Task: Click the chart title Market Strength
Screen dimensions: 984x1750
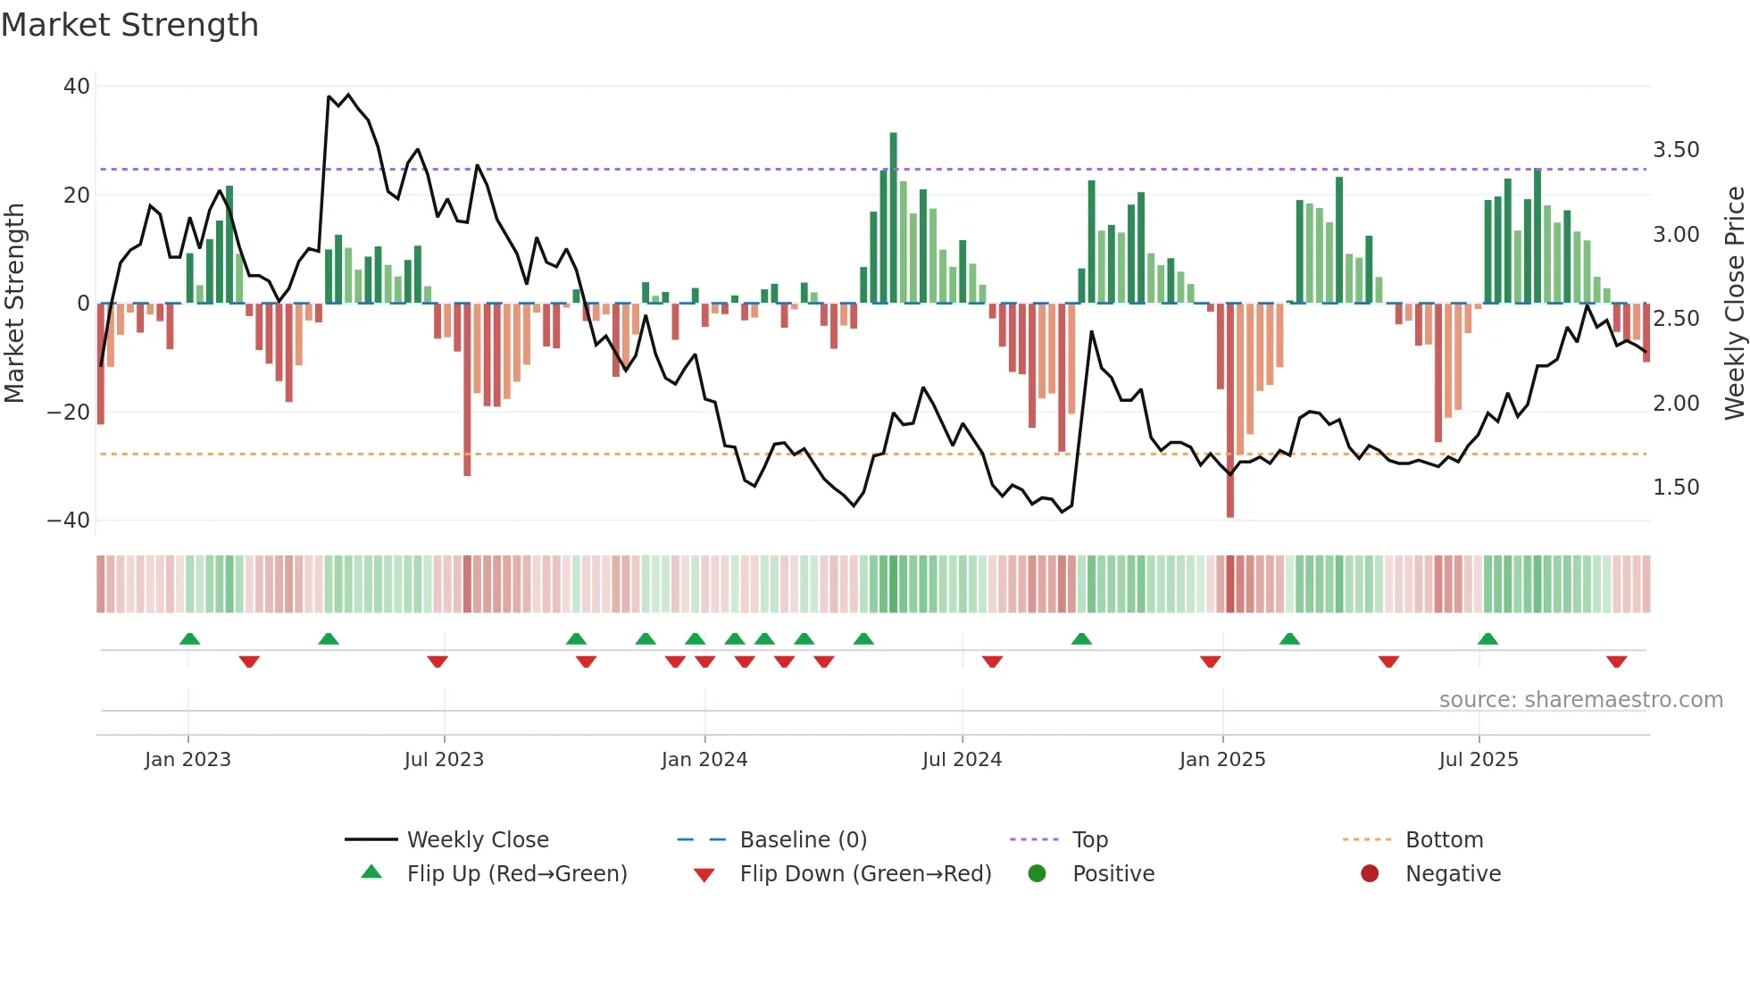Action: [130, 25]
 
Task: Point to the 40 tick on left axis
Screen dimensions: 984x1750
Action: [77, 87]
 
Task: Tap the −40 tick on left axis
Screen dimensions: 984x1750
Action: [69, 521]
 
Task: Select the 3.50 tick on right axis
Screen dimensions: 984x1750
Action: [1676, 150]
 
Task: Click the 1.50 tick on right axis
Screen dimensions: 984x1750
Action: [1676, 488]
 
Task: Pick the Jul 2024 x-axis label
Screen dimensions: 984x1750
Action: [962, 760]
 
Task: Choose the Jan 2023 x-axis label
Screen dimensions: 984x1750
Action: [187, 760]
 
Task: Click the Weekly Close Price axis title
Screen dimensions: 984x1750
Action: [1734, 304]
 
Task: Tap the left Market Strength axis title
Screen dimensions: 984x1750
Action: [14, 304]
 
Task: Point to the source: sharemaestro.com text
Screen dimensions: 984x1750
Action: [1580, 700]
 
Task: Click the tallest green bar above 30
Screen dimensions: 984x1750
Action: [893, 218]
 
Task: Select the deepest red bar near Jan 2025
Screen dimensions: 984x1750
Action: [1230, 411]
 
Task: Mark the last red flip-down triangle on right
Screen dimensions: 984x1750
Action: [1616, 662]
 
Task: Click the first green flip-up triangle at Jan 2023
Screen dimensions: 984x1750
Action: [189, 638]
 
